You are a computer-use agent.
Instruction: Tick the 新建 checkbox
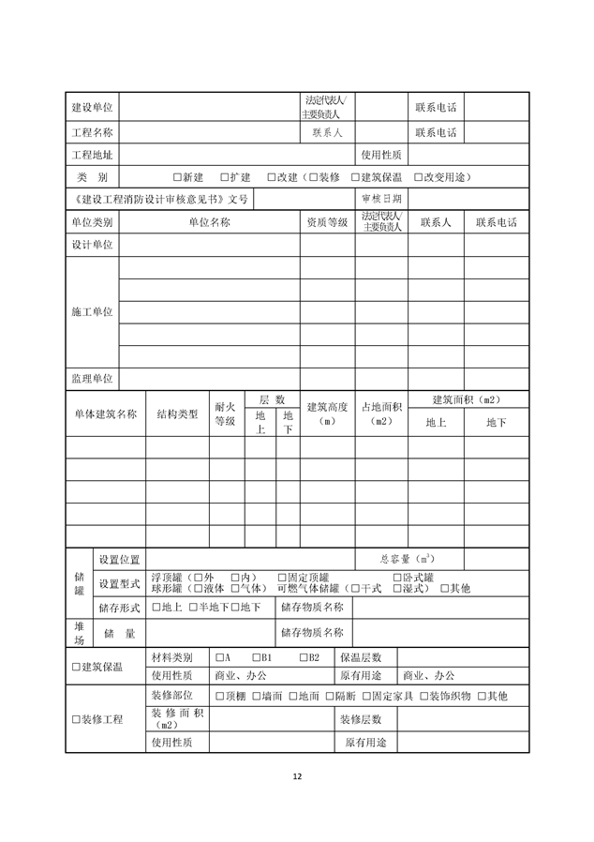(177, 177)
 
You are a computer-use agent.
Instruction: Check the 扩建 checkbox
(225, 177)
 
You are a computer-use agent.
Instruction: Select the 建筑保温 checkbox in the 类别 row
(354, 177)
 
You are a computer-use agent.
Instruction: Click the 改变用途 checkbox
(419, 177)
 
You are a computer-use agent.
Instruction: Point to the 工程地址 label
(92, 155)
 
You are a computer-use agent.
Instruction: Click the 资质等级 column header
(327, 222)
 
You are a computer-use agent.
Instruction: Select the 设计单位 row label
(92, 245)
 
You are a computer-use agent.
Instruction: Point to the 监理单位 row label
(92, 378)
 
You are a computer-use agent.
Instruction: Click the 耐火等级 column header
(225, 413)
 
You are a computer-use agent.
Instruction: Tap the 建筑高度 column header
(327, 413)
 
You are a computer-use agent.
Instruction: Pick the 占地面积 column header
(381, 413)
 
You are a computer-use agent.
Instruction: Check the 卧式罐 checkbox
(396, 577)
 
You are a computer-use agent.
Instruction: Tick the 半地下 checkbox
(192, 608)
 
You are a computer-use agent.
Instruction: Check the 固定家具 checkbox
(365, 696)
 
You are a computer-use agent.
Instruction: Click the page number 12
(297, 775)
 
